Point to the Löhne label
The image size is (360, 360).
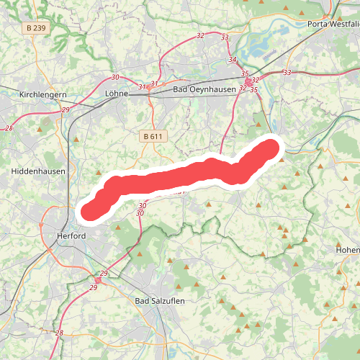(x=116, y=93)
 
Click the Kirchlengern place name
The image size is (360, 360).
(x=43, y=94)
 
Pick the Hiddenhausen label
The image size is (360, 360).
(x=38, y=171)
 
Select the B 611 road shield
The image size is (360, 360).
(x=153, y=135)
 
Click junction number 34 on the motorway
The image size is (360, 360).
(x=232, y=60)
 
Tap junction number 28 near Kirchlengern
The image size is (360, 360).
(x=9, y=127)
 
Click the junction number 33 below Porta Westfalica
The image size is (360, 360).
(x=287, y=72)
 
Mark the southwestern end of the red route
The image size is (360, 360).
(x=91, y=210)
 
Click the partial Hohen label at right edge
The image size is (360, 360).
(x=347, y=250)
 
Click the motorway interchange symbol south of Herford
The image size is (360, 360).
(x=96, y=280)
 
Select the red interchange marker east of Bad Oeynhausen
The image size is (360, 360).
(x=248, y=83)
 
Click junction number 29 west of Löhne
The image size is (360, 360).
(x=66, y=109)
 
